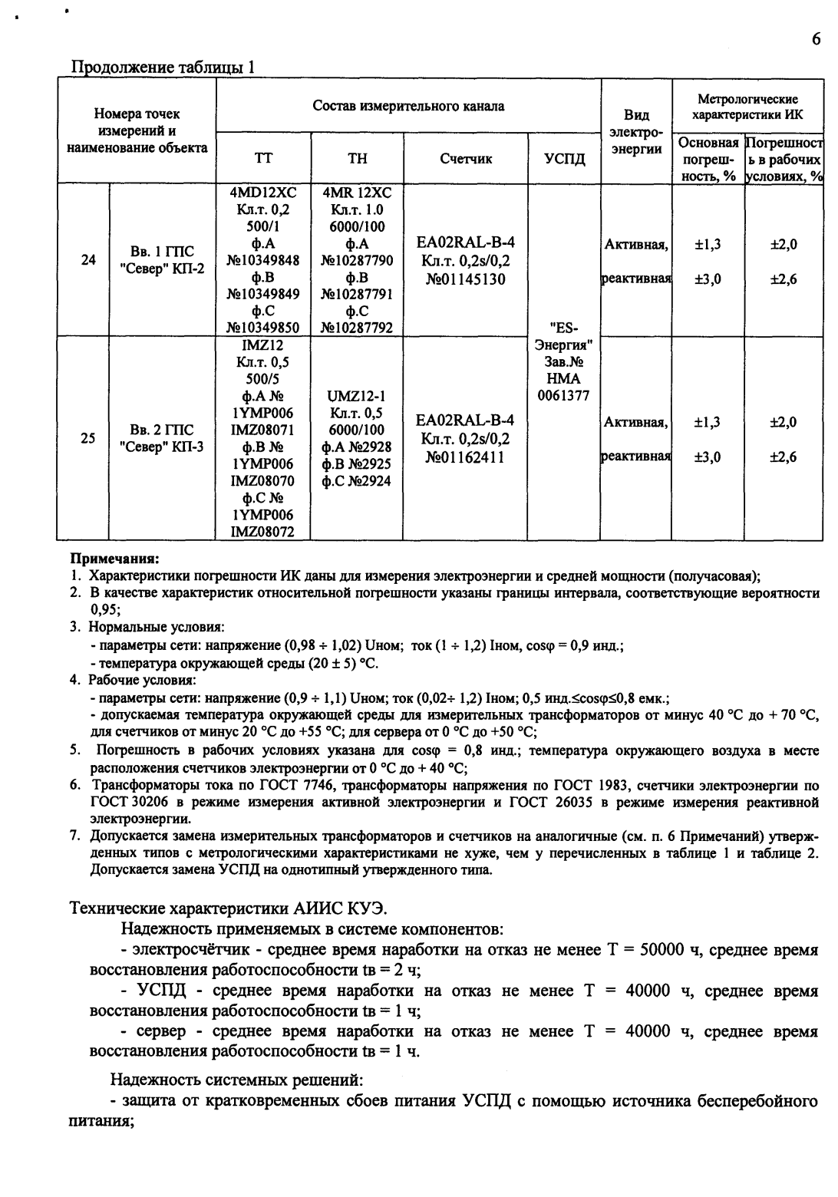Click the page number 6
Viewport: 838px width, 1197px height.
tap(815, 39)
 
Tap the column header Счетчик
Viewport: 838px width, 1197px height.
tap(465, 159)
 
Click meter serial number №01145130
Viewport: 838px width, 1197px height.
tap(465, 279)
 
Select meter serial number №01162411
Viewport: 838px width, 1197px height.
tap(465, 457)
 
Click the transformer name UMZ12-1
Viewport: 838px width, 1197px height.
tap(357, 397)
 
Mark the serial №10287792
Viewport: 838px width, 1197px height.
tap(357, 328)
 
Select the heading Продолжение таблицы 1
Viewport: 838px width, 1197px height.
tap(163, 67)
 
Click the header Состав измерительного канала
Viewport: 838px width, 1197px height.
tap(408, 106)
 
